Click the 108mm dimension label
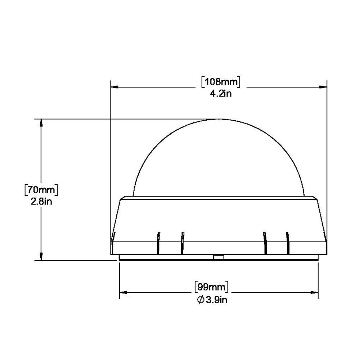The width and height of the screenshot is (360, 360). pos(220,82)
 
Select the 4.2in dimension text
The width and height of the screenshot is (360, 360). pos(220,94)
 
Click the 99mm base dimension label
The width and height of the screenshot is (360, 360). pos(212,287)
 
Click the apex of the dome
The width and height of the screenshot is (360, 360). pos(218,120)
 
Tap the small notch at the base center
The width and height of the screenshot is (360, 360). pos(218,257)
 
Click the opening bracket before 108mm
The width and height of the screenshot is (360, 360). pos(203,82)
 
